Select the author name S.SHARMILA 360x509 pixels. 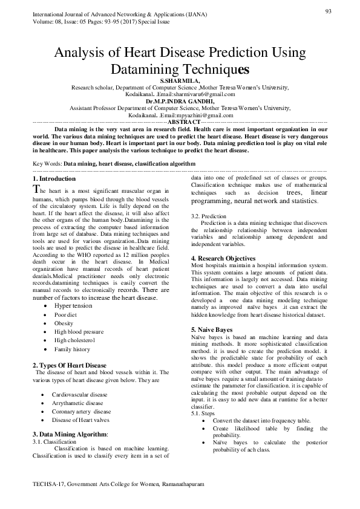click(x=179, y=80)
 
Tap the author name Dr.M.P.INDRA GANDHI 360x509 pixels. click(x=179, y=102)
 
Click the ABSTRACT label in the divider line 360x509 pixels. click(x=181, y=122)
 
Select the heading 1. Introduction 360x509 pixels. click(x=54, y=179)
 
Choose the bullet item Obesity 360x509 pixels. click(x=64, y=323)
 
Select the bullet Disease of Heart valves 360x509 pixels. click(x=81, y=420)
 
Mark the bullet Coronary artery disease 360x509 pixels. click(x=82, y=411)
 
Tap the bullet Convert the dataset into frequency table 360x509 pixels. click(x=261, y=436)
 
